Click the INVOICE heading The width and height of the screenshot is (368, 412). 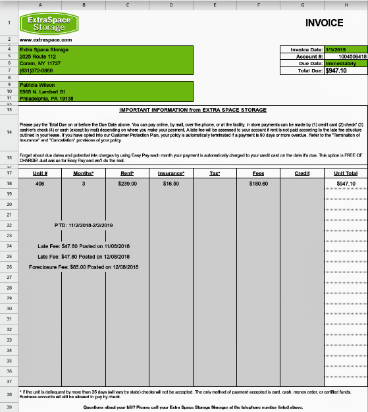point(325,23)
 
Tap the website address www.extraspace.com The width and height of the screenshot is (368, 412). point(45,40)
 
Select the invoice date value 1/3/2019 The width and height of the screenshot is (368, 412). point(336,49)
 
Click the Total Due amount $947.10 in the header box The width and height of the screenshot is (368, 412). point(336,70)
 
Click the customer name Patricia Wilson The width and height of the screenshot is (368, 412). point(38,85)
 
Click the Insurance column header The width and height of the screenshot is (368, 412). point(171,173)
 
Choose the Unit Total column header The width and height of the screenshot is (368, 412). point(345,173)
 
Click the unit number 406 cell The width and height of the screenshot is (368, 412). point(39,183)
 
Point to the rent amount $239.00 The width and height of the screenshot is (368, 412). point(127,183)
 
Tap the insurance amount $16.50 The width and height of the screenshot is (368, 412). point(171,183)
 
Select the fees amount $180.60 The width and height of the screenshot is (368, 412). point(258,183)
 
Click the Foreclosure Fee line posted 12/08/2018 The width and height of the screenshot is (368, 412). point(84,267)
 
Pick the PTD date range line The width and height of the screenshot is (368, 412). point(84,224)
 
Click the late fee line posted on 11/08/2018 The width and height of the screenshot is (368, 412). point(84,245)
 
